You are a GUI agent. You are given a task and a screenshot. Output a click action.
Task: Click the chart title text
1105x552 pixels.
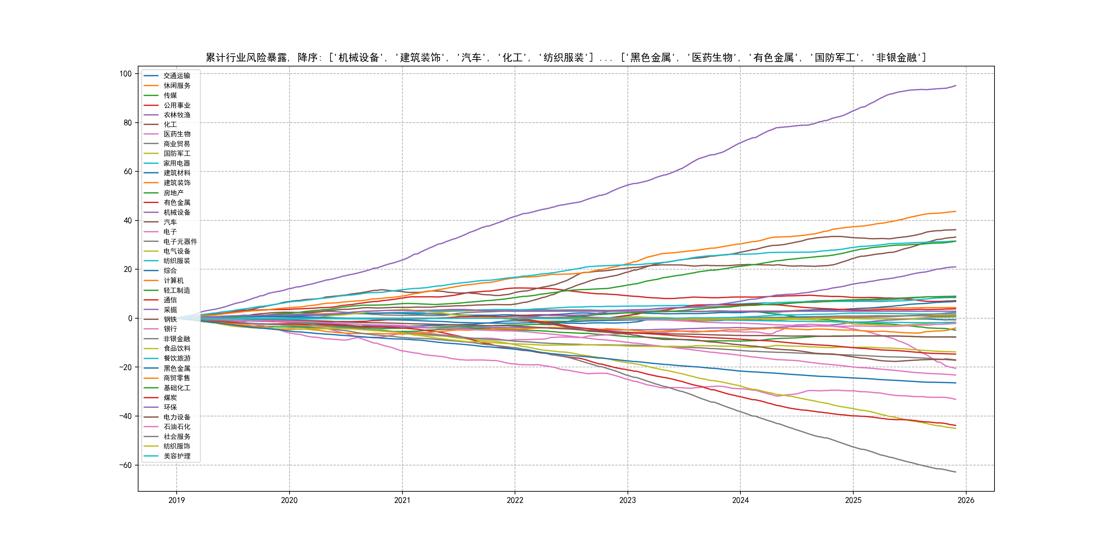point(565,58)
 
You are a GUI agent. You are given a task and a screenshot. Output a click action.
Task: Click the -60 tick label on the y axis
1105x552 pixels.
point(125,465)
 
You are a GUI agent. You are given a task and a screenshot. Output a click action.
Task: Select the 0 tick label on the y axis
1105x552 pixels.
point(130,319)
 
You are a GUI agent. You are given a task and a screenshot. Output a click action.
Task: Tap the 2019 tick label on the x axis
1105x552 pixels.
point(176,500)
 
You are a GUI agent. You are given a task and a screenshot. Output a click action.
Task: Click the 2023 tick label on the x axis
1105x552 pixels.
point(627,500)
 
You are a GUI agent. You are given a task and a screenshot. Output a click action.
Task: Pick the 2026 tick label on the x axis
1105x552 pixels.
point(966,500)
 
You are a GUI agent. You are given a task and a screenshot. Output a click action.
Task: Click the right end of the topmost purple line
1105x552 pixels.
point(956,86)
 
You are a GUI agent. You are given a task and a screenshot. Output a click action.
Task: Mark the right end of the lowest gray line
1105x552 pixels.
point(956,472)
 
